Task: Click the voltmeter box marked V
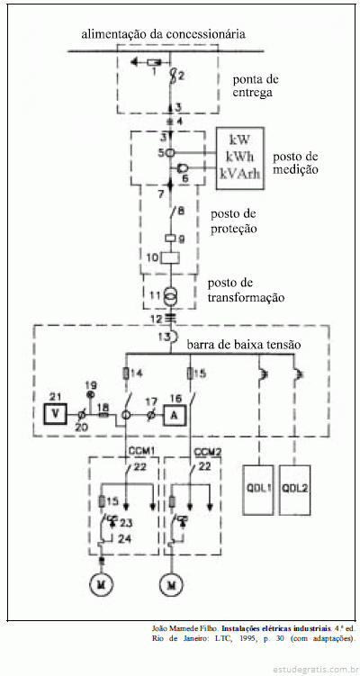tap(55, 413)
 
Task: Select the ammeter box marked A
tap(175, 415)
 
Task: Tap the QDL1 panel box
tap(258, 490)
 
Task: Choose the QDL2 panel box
tap(295, 490)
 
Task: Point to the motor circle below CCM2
tap(171, 585)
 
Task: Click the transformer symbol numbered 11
tap(170, 296)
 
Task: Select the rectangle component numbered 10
tap(170, 257)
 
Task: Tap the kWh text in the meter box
tap(239, 157)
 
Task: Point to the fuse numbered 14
tap(126, 374)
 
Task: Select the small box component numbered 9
tap(170, 237)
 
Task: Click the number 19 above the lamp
tap(91, 385)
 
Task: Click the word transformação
tap(247, 297)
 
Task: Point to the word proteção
tap(234, 229)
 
